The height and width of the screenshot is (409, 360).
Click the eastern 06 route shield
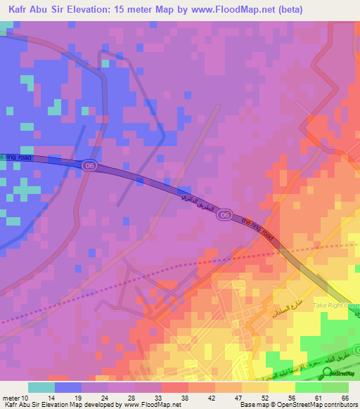(223, 214)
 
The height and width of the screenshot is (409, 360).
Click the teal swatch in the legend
(41, 387)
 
